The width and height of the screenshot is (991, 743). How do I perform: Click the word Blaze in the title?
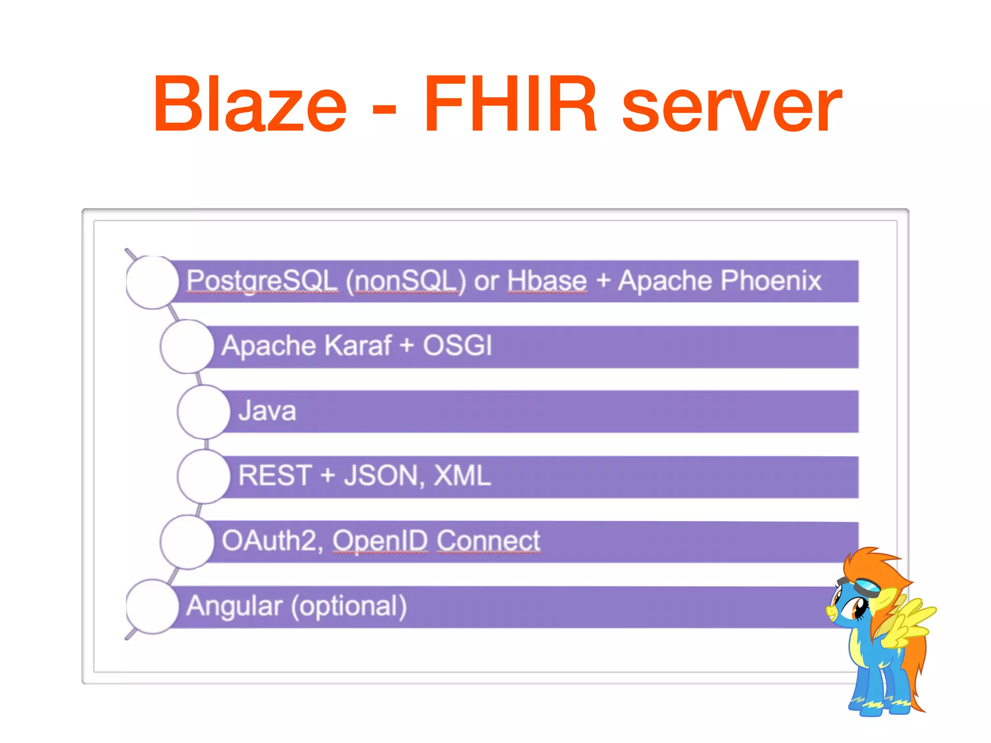point(250,104)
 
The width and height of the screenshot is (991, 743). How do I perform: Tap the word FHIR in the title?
point(510,104)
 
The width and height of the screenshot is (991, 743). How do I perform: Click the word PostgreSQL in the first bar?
point(262,281)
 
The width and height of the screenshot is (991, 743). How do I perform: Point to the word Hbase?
point(547,281)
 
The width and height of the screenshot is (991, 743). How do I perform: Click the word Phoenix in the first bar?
point(771,281)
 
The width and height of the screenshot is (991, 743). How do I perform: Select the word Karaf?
point(358,345)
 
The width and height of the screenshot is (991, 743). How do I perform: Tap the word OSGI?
point(457,345)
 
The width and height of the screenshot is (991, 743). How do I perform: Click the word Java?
point(267,411)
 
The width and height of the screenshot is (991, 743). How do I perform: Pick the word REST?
point(274,476)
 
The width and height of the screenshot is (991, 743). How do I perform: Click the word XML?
point(462,476)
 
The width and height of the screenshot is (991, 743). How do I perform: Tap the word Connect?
point(488,540)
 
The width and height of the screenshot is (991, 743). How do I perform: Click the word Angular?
point(234,606)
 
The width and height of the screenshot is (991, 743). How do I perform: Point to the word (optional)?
point(349,606)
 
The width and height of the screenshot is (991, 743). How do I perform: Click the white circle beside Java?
point(204,412)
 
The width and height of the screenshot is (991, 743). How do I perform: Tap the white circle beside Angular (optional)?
point(152,607)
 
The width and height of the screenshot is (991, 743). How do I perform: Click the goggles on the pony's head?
point(868,587)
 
